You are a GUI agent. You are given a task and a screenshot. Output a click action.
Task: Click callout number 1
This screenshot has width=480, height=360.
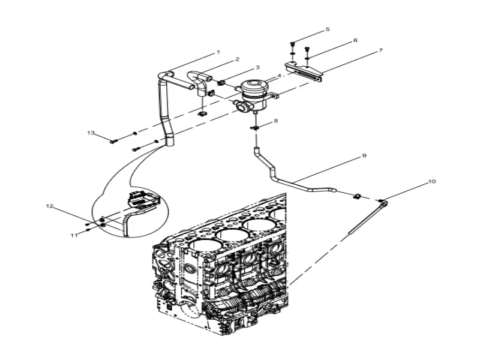(218, 52)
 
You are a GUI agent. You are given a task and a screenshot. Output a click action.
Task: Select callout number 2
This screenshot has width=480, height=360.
(238, 59)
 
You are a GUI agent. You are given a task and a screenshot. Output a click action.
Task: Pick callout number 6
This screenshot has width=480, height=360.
(355, 40)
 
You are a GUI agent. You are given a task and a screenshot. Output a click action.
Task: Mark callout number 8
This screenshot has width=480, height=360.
(276, 121)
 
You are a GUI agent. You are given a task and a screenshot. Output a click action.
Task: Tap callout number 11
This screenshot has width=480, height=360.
(74, 236)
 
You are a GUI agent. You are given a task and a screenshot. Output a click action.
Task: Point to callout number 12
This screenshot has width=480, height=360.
(50, 206)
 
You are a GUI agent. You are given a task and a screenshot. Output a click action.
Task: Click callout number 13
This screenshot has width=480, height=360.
(91, 132)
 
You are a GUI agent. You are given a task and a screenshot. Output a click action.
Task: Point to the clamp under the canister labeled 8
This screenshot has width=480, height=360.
(256, 127)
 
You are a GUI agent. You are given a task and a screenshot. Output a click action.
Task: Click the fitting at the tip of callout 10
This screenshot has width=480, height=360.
(382, 201)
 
